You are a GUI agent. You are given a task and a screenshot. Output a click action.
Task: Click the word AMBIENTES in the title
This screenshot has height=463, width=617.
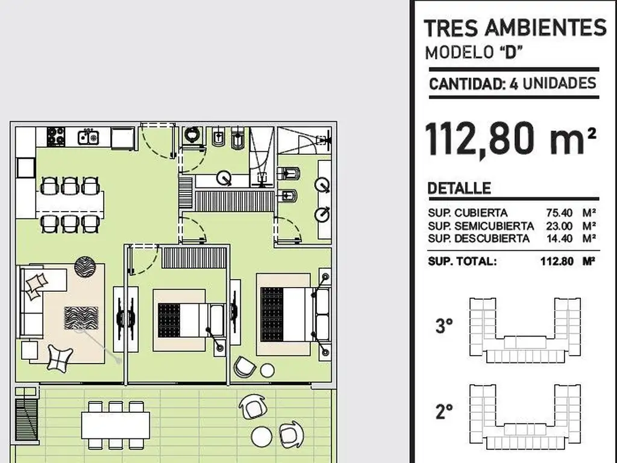point(545,28)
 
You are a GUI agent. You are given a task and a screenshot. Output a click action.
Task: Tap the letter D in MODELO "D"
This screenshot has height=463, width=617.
point(510,52)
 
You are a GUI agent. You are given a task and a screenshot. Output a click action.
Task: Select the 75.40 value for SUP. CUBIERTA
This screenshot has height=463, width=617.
point(559,213)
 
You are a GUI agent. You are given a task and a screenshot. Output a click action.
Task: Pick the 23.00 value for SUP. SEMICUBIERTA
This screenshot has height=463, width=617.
point(559,226)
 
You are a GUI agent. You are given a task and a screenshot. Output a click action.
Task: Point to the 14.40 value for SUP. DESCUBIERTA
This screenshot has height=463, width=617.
point(560,239)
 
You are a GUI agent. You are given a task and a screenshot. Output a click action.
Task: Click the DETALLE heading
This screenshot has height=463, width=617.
point(459,188)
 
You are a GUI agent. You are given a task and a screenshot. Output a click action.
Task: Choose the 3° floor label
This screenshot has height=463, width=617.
point(444,326)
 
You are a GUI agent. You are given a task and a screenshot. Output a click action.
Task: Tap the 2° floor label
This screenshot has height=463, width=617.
point(444,411)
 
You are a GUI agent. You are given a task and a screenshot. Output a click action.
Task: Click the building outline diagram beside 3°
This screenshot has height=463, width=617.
point(525,330)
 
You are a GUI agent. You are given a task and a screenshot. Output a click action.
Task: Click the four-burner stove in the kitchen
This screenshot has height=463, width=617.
point(56,136)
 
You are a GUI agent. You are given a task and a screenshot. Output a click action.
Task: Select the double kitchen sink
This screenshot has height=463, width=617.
point(88,137)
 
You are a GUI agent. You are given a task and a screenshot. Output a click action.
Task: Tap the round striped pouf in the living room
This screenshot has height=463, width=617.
point(85,266)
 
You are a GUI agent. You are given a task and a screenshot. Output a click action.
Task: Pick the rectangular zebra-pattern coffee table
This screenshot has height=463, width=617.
point(81,318)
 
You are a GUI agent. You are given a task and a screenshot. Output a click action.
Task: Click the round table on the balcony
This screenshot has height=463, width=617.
point(262,437)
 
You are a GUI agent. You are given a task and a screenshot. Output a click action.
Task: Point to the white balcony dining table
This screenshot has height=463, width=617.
point(116,425)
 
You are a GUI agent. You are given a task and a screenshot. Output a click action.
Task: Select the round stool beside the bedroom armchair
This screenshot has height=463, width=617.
point(267,371)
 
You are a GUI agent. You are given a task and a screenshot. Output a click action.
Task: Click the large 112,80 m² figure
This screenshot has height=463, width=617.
point(511,139)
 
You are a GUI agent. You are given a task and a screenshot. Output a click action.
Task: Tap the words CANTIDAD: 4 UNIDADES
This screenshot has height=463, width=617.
point(513,84)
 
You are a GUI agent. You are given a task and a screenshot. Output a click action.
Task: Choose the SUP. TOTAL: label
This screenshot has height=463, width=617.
point(462,262)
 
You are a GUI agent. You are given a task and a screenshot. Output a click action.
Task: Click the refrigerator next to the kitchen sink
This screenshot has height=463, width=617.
point(123,138)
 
